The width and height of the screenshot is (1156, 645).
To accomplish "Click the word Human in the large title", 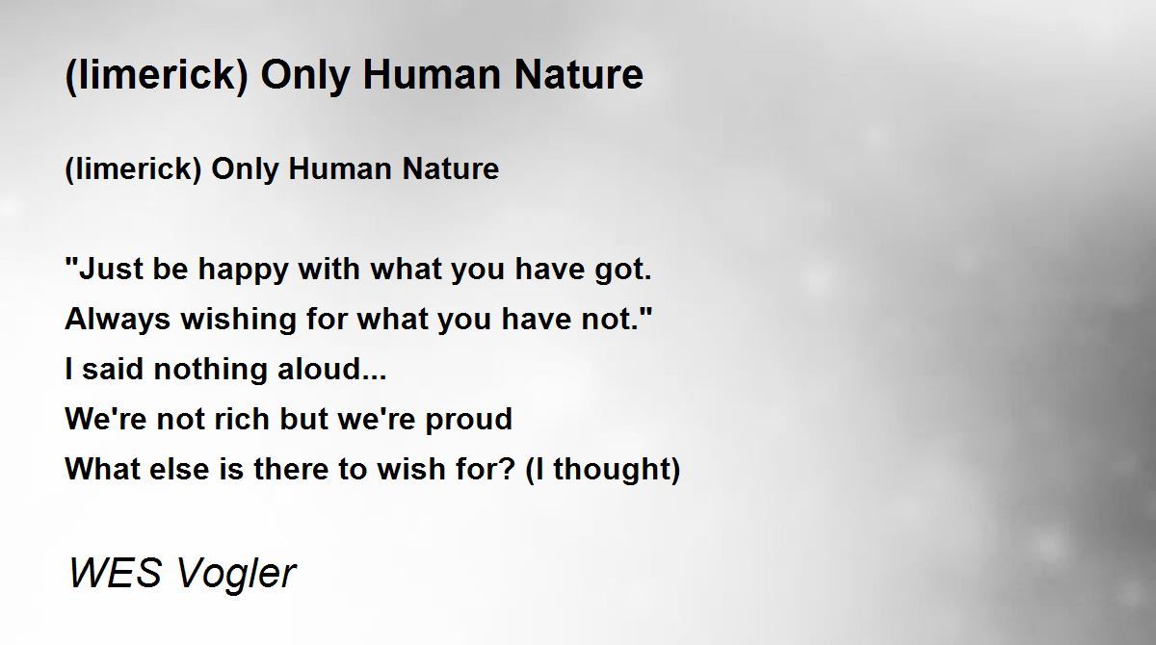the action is click(x=432, y=75).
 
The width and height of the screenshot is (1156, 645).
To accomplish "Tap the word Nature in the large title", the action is click(x=579, y=75).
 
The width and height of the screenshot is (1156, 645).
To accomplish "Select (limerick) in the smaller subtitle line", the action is click(x=133, y=169).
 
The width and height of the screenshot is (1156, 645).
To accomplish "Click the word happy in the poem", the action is click(x=243, y=271).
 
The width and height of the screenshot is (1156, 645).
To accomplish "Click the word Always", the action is click(x=118, y=320).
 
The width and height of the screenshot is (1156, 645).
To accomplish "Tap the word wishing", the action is click(x=239, y=320).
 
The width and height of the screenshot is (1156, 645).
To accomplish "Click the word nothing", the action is click(x=210, y=370).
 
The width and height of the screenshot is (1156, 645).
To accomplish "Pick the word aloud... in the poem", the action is click(x=331, y=369).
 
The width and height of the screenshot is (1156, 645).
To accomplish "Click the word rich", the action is click(x=242, y=419).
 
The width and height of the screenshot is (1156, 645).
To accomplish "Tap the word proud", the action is click(x=468, y=420).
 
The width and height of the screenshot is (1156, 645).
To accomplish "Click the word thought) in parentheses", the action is click(x=617, y=470).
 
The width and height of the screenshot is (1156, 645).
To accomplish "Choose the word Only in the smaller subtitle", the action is click(x=245, y=170).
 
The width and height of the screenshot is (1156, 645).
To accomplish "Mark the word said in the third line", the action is click(x=113, y=370).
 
